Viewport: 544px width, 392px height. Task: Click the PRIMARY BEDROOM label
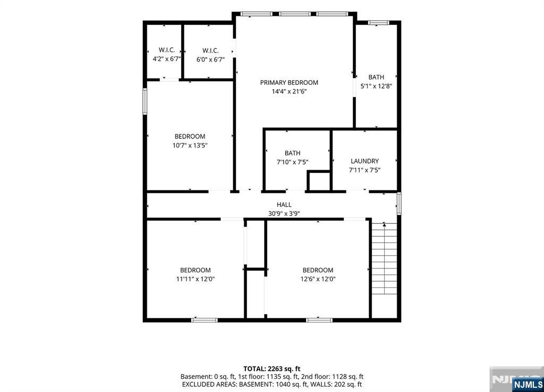click(x=289, y=82)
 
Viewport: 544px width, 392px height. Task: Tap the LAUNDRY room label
click(x=364, y=161)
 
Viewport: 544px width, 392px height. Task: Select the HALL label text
click(x=284, y=205)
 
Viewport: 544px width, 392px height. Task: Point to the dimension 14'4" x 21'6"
click(x=289, y=91)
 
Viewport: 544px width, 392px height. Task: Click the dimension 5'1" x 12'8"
click(x=377, y=86)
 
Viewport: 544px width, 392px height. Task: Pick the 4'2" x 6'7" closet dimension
click(x=166, y=59)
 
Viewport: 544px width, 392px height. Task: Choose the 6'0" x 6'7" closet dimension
click(x=210, y=59)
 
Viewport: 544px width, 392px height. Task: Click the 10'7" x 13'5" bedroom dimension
click(x=190, y=145)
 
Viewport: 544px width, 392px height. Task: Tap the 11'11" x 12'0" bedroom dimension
click(x=195, y=279)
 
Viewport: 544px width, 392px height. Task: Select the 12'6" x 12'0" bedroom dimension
click(x=318, y=279)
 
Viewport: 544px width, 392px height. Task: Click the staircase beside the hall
click(x=384, y=259)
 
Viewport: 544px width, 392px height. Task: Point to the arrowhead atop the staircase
click(x=384, y=225)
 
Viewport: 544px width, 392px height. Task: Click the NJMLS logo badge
click(x=528, y=384)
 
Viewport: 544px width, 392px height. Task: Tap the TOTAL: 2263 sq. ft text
click(x=271, y=369)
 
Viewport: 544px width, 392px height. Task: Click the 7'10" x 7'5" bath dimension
click(x=293, y=162)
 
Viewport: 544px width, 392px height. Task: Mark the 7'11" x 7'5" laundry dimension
click(x=364, y=170)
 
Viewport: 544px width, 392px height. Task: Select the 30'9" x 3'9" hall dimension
click(x=284, y=214)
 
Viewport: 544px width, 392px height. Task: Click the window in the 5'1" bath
click(x=378, y=23)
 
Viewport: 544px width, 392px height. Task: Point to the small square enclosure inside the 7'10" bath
click(x=319, y=180)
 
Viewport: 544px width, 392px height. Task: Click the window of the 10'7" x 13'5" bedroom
click(x=145, y=101)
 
